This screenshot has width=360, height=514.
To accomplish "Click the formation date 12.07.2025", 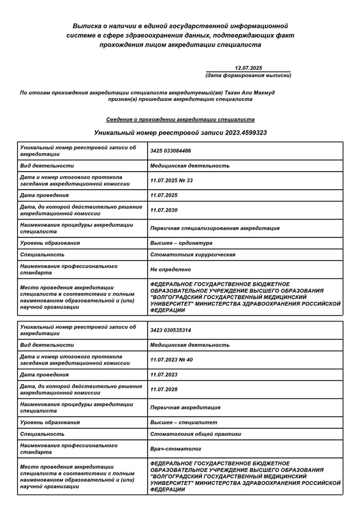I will tap(248, 68).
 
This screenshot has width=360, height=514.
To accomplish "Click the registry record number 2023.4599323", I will tap(245, 133).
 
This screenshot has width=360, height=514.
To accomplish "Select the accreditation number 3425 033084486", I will tap(171, 151).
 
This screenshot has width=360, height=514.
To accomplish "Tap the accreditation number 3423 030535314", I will tap(171, 330).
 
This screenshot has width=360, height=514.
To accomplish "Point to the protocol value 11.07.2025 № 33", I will tap(171, 180).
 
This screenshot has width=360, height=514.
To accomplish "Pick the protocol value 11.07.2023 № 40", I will tap(171, 360).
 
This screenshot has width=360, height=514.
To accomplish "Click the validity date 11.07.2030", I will tap(164, 210).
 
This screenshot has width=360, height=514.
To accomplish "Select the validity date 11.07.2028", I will tap(164, 390).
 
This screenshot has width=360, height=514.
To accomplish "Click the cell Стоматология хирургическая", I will tap(192, 254).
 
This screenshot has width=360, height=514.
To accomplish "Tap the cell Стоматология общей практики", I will tap(195, 434).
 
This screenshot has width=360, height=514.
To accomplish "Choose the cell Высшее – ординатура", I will tap(181, 243).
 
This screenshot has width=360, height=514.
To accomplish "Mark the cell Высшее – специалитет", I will tap(184, 422).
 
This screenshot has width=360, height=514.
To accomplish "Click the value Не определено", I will tap(170, 269).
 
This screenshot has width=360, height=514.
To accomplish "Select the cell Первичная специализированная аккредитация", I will tap(214, 228).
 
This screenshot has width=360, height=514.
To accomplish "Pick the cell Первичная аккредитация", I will tap(185, 407).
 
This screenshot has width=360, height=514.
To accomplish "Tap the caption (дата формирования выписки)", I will tap(248, 76).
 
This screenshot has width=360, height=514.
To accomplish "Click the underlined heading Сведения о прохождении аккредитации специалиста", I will tap(180, 119).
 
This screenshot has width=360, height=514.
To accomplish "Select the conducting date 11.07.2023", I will tap(164, 375).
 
